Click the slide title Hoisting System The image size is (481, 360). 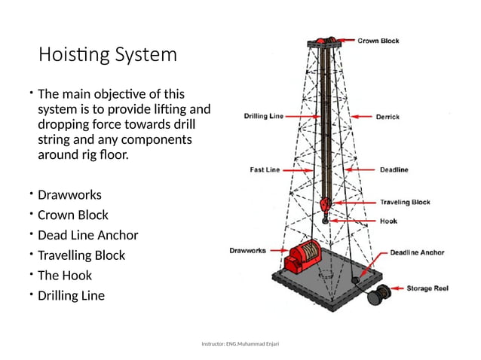[x=108, y=55]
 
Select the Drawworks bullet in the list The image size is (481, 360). [x=69, y=195]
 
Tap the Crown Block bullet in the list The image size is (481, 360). [x=73, y=215]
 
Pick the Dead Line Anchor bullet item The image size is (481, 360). [x=88, y=235]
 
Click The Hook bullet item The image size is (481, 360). [x=65, y=276]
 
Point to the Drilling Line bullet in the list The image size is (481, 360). [x=72, y=295]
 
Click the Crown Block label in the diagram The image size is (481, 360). [x=378, y=41]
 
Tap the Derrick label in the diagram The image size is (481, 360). [x=388, y=117]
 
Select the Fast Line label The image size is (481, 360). [x=265, y=170]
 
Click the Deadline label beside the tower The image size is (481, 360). [x=394, y=170]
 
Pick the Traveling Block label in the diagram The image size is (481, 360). [x=404, y=202]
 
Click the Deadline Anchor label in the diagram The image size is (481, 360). [x=416, y=253]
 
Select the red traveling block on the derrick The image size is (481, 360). [x=326, y=204]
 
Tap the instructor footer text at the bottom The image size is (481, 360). [x=240, y=343]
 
